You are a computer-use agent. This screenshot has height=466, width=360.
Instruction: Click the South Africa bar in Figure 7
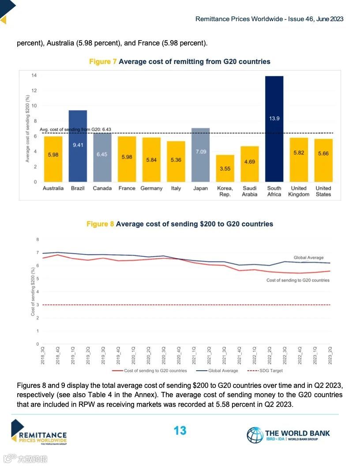tap(274, 129)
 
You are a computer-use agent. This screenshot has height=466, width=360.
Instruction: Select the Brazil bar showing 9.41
tap(78, 146)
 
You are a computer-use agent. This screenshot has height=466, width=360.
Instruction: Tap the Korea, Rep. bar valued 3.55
tap(225, 168)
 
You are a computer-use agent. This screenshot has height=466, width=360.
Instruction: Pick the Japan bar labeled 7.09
tap(200, 154)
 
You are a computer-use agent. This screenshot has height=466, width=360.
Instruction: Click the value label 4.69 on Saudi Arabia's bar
tap(250, 162)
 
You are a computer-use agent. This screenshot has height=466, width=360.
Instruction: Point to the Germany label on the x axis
tap(151, 188)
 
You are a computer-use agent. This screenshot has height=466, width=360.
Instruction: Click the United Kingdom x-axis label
tap(299, 191)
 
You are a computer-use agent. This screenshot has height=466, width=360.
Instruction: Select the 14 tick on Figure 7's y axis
tap(34, 76)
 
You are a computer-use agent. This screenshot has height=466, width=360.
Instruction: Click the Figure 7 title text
tap(180, 61)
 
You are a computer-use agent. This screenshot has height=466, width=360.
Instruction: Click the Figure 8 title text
tap(180, 224)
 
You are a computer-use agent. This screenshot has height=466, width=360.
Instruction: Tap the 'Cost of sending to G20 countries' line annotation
tap(298, 280)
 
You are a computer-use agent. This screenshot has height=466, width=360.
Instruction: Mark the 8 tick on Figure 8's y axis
tap(37, 240)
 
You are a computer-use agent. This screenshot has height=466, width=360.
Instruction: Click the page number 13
tap(180, 431)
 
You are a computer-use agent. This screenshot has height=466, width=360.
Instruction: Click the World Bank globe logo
tap(255, 435)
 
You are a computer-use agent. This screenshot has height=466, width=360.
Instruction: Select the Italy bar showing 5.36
tap(176, 161)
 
